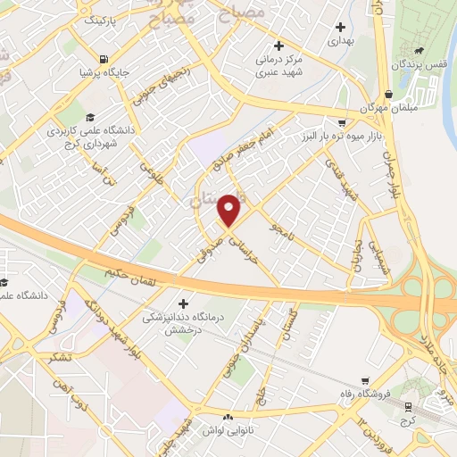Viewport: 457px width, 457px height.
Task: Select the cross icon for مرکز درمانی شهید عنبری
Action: point(278,46)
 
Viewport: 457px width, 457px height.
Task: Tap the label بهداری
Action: point(340,40)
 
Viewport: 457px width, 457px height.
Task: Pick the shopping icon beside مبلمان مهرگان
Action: point(388,95)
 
